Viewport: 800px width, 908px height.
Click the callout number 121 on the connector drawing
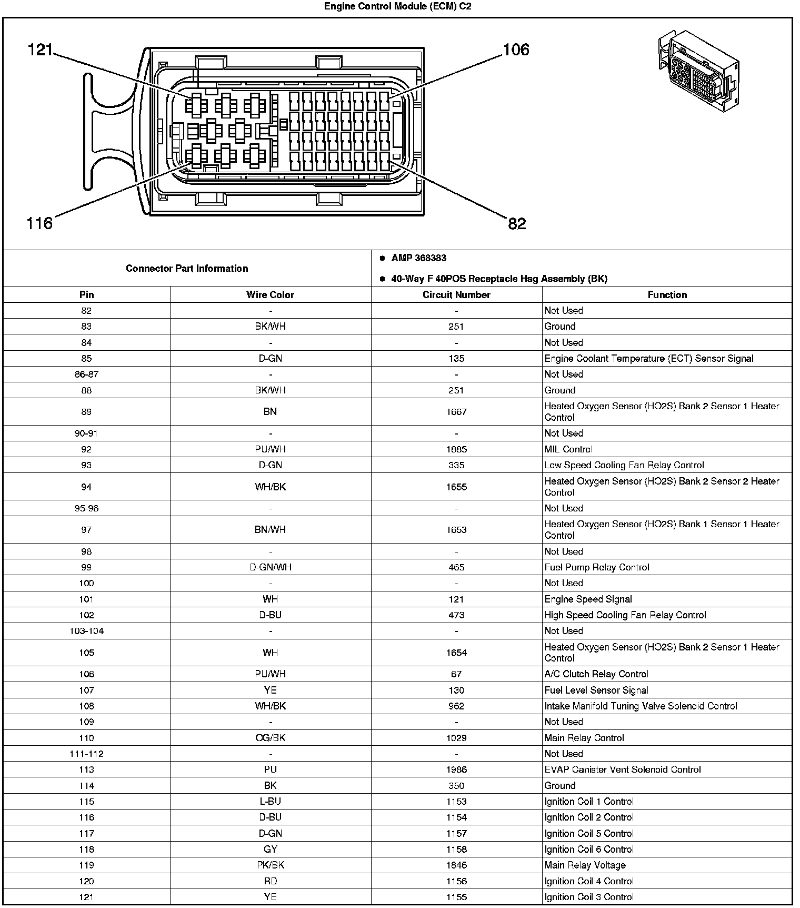[40, 50]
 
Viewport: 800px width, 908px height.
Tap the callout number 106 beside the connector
[516, 50]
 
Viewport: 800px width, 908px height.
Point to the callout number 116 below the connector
[39, 223]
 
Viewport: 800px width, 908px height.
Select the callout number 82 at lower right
[517, 224]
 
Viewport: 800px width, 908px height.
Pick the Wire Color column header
[270, 295]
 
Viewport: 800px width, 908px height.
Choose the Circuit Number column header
[456, 295]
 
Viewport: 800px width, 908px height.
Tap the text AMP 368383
[418, 258]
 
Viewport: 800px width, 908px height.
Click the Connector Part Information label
[187, 269]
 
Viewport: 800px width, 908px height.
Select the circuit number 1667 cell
[456, 412]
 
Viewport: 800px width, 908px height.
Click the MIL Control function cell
[568, 449]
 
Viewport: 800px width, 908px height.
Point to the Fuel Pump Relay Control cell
[597, 567]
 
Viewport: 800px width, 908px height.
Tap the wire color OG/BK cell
[270, 738]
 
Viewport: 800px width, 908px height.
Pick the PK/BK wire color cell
[270, 865]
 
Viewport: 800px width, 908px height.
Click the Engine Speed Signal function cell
[588, 599]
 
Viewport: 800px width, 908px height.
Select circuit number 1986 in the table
[456, 769]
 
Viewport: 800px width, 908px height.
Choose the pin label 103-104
[86, 631]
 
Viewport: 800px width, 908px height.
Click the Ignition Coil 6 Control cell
[589, 849]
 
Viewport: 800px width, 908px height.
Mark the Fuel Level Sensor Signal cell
[596, 690]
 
